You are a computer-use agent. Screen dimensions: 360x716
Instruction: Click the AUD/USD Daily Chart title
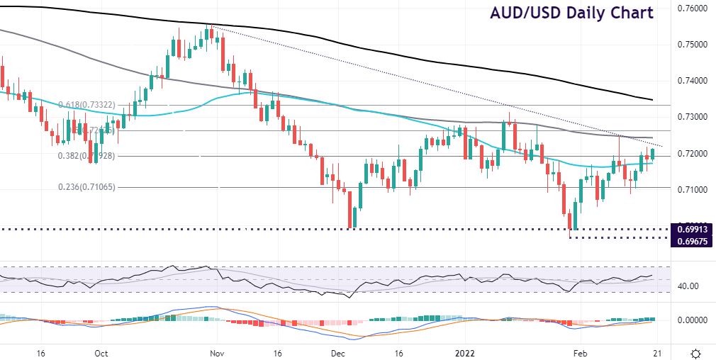571,13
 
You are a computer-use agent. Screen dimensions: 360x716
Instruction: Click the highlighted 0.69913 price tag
690,229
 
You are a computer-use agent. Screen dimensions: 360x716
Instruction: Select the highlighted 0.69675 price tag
690,242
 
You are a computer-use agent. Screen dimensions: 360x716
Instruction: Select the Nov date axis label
217,352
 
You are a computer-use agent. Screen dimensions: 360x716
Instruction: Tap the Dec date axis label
337,352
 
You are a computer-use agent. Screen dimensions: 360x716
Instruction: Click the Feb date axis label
580,352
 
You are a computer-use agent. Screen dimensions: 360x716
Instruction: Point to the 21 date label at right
657,352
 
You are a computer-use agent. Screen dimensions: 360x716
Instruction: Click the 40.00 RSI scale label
686,286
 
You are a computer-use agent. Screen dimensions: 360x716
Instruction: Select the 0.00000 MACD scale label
690,320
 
